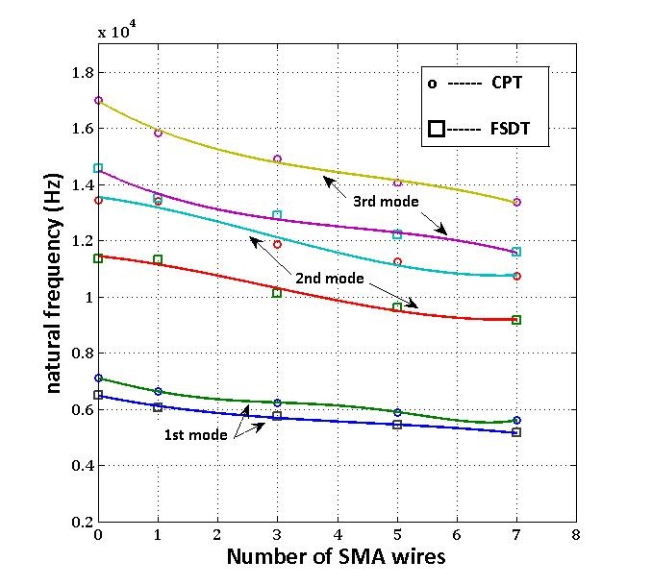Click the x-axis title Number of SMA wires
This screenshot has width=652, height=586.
click(336, 556)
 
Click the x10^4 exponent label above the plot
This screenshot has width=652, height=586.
click(118, 31)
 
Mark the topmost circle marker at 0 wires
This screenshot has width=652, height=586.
click(98, 100)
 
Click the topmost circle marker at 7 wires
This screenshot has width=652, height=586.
click(516, 202)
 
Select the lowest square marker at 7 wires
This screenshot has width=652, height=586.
click(516, 433)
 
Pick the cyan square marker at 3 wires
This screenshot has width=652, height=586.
click(277, 215)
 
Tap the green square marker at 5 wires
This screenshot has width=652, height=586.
click(396, 307)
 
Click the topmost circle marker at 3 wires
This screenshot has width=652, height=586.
click(277, 159)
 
